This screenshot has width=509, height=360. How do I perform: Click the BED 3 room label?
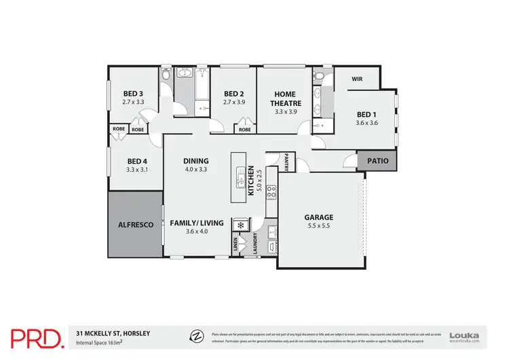tap(132, 94)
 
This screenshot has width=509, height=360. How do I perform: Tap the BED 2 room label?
tap(233, 94)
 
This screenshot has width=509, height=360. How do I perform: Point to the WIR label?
tap(357, 79)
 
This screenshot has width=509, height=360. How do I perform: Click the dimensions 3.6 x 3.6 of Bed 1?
tap(366, 123)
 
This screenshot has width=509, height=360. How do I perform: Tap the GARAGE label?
tap(318, 217)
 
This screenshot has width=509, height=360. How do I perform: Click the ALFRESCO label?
tap(135, 224)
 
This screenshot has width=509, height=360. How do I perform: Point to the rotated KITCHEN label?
tap(250, 181)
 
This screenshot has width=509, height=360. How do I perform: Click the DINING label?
tap(195, 161)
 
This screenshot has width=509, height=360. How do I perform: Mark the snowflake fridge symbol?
tap(240, 224)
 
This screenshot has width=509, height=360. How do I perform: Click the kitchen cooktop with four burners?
tap(270, 192)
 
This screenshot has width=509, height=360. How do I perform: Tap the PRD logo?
tap(37, 336)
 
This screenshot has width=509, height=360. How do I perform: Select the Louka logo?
tap(464, 336)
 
